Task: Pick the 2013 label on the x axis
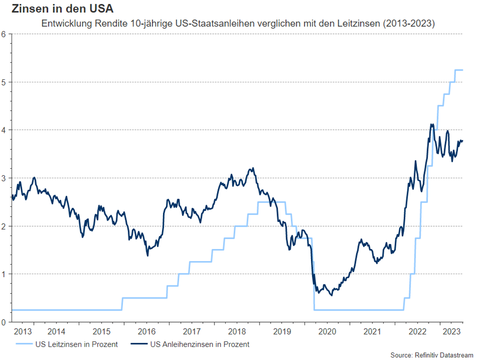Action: (23, 332)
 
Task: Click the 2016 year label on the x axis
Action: (146, 332)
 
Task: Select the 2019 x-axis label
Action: (282, 332)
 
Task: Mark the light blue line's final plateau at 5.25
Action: (459, 70)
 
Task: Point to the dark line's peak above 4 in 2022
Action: (432, 124)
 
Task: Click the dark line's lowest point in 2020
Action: (331, 295)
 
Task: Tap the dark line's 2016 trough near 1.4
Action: (147, 255)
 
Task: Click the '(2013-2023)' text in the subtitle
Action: (411, 24)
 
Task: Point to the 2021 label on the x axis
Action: (372, 332)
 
